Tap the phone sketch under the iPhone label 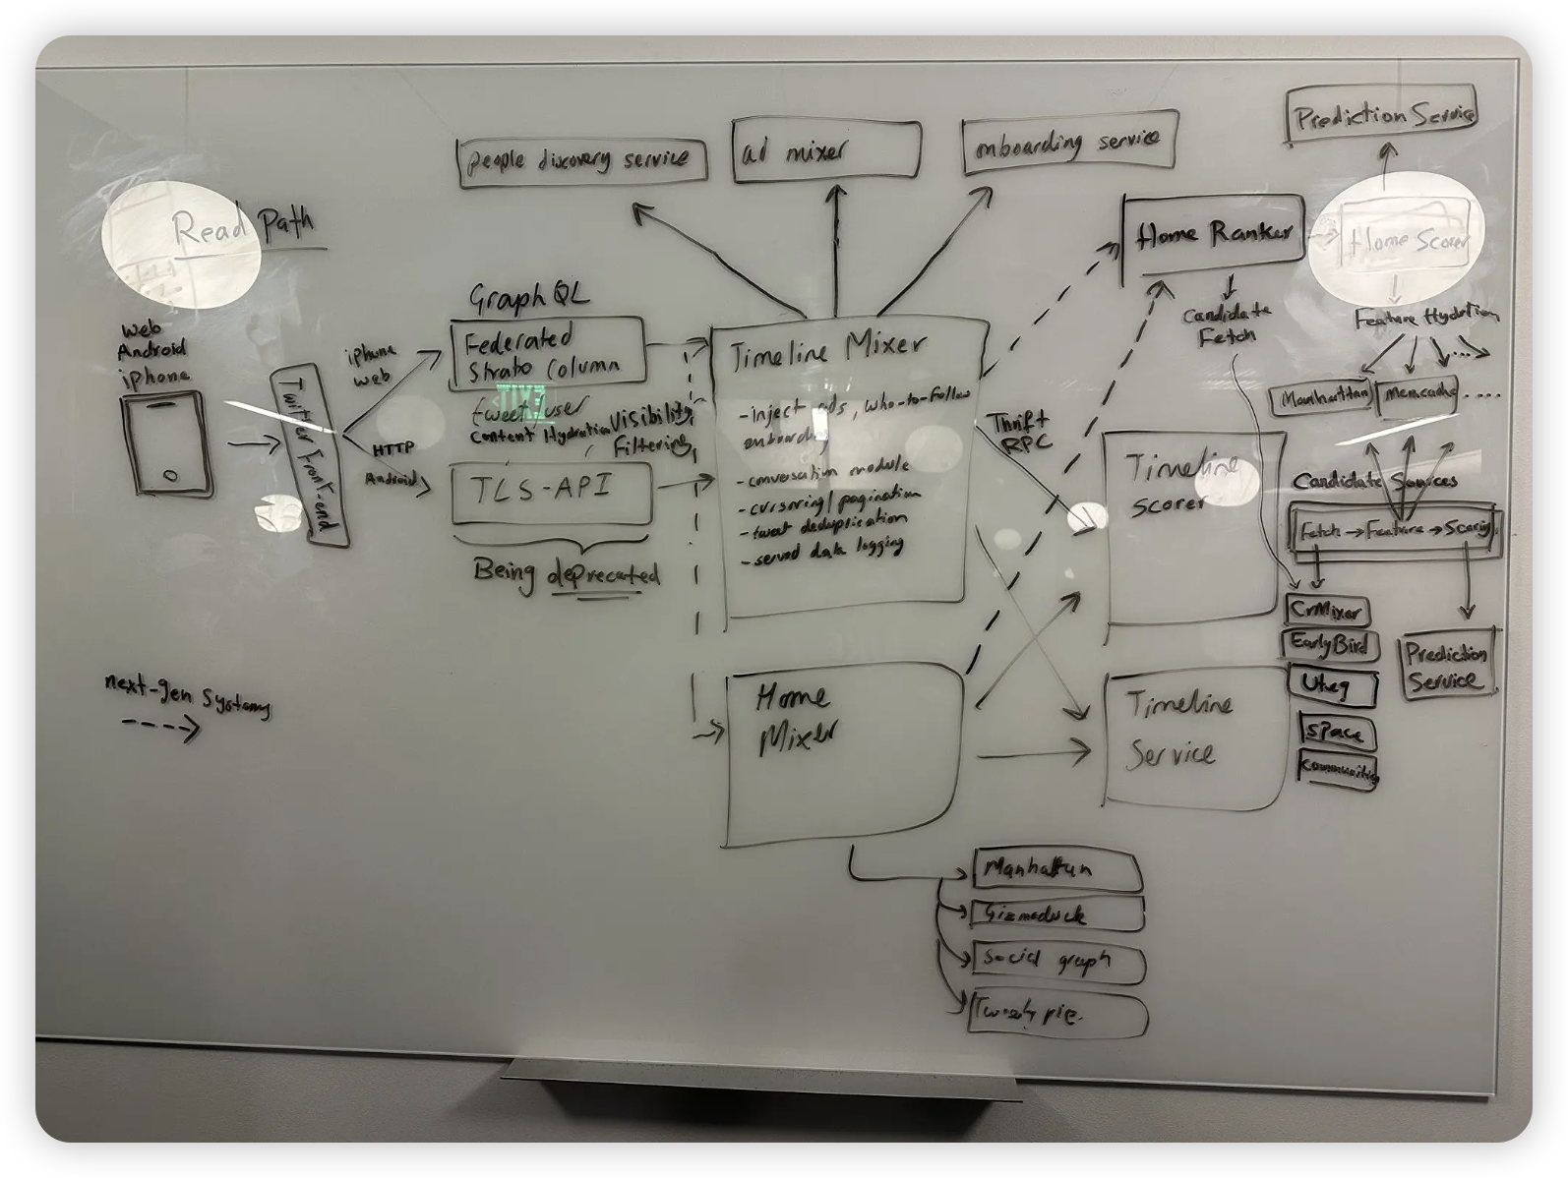[166, 443]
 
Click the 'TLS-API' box [551, 493]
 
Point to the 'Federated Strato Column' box [547, 351]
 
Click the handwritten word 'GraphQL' [528, 297]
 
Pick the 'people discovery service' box [581, 159]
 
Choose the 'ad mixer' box [826, 151]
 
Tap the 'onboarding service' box [1068, 144]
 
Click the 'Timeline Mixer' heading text [827, 348]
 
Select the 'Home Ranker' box [1213, 233]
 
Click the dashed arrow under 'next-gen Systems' [159, 729]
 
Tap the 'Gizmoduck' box [1057, 914]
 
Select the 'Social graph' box [1058, 961]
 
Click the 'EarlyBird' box [1330, 646]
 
